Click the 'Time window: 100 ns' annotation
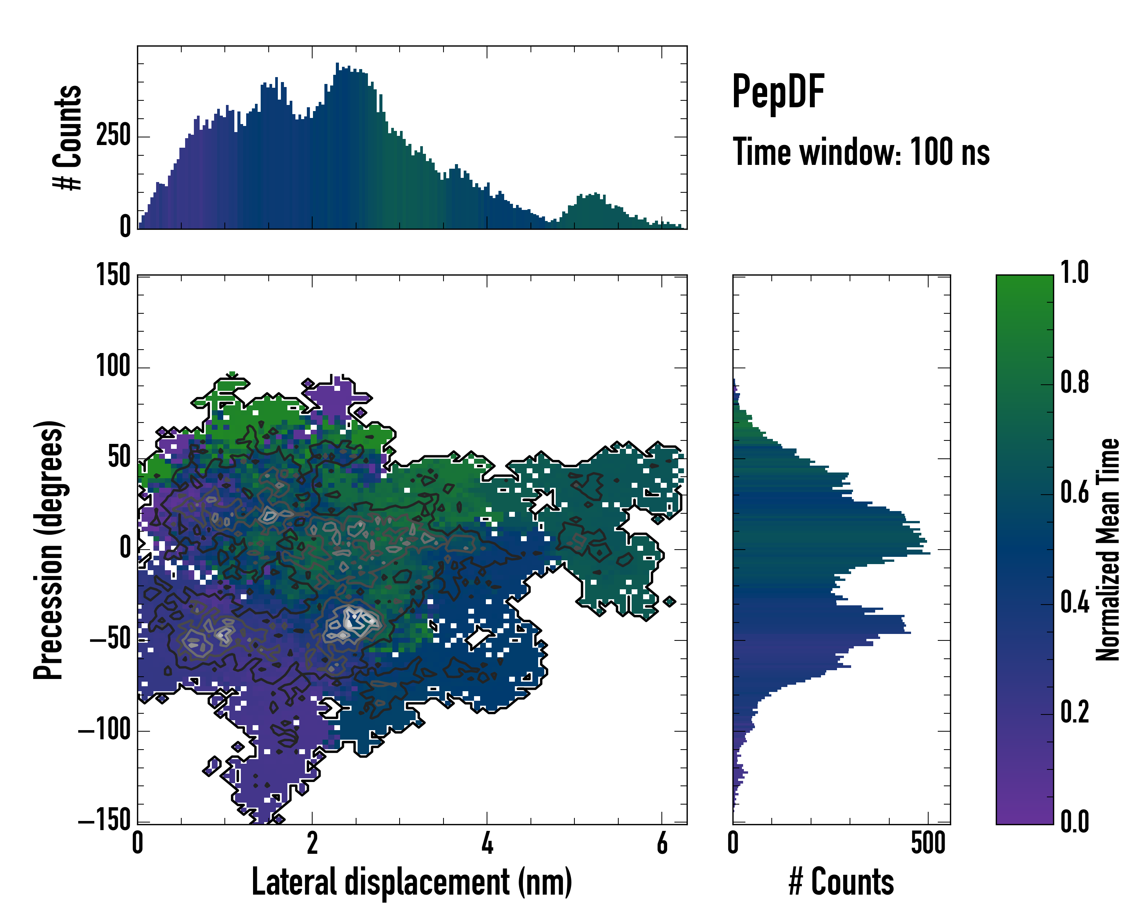click(x=861, y=152)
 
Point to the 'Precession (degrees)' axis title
click(x=49, y=550)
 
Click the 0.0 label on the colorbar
click(x=1074, y=821)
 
